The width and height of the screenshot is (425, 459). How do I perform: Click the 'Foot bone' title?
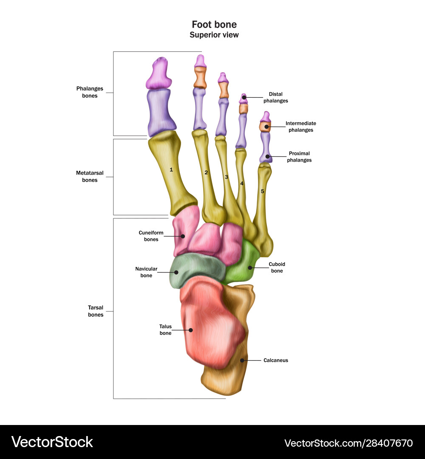[214, 25]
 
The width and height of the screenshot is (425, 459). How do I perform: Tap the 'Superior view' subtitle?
[214, 35]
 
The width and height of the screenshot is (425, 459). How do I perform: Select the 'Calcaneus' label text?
[275, 360]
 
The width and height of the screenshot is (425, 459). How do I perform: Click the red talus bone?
[208, 323]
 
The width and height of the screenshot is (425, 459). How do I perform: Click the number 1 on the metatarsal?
[171, 170]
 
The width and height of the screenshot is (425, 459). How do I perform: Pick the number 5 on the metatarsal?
[262, 192]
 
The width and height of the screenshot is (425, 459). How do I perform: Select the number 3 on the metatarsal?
[227, 177]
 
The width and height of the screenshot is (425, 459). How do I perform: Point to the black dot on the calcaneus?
[242, 360]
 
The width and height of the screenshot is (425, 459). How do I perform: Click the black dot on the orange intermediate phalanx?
[266, 127]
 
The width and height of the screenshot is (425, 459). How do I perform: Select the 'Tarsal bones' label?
[96, 311]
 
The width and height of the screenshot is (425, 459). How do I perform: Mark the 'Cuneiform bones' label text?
[148, 236]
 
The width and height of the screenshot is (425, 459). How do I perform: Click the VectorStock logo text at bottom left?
[52, 442]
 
